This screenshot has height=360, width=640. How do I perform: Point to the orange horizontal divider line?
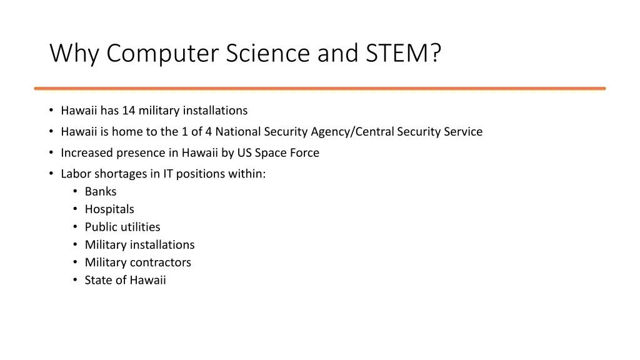[x=319, y=88]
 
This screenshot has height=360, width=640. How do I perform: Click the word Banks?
[x=101, y=192]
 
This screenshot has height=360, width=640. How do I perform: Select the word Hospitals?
[x=109, y=209]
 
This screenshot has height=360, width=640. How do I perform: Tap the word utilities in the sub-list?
[x=140, y=227]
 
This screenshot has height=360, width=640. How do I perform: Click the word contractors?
[x=161, y=262]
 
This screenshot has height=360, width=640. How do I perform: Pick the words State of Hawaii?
[x=125, y=280]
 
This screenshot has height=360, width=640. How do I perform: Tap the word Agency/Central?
[x=352, y=132]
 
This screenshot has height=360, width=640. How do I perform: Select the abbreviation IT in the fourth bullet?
[x=168, y=174]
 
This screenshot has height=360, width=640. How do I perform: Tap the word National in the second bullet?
[x=238, y=132]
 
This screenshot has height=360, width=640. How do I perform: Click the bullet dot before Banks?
[x=75, y=192]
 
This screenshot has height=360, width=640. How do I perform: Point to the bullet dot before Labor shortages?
[x=51, y=174]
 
